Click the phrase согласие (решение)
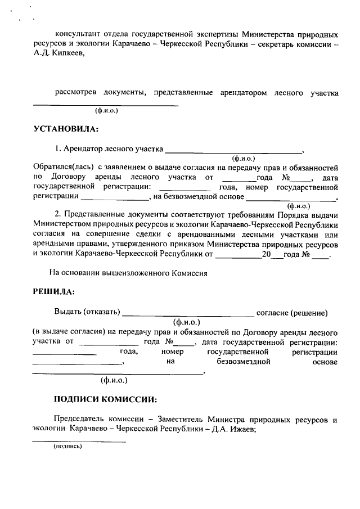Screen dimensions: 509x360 click(292, 313)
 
